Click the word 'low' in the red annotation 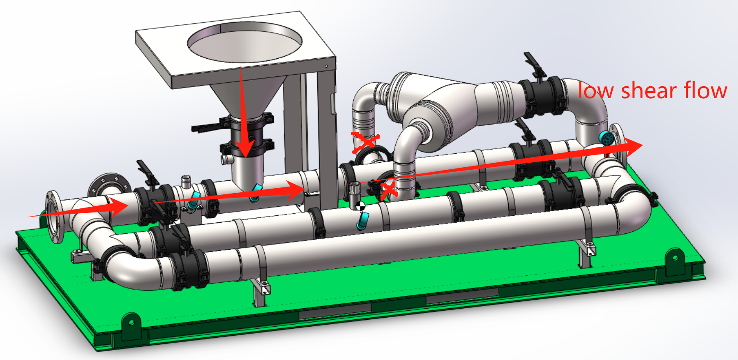pyautogui.click(x=595, y=91)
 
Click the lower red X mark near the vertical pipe pyautogui.click(x=389, y=190)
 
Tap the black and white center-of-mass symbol pyautogui.click(x=360, y=206)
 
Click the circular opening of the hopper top pyautogui.click(x=245, y=42)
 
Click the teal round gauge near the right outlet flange pyautogui.click(x=606, y=138)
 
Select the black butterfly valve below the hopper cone pyautogui.click(x=246, y=134)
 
